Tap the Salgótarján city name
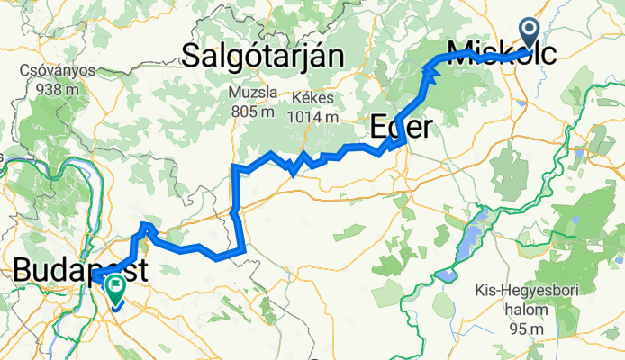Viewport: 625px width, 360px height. click(263, 56)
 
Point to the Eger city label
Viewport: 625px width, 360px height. click(401, 127)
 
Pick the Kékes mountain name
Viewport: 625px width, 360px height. click(313, 97)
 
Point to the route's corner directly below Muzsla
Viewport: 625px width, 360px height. click(235, 167)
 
